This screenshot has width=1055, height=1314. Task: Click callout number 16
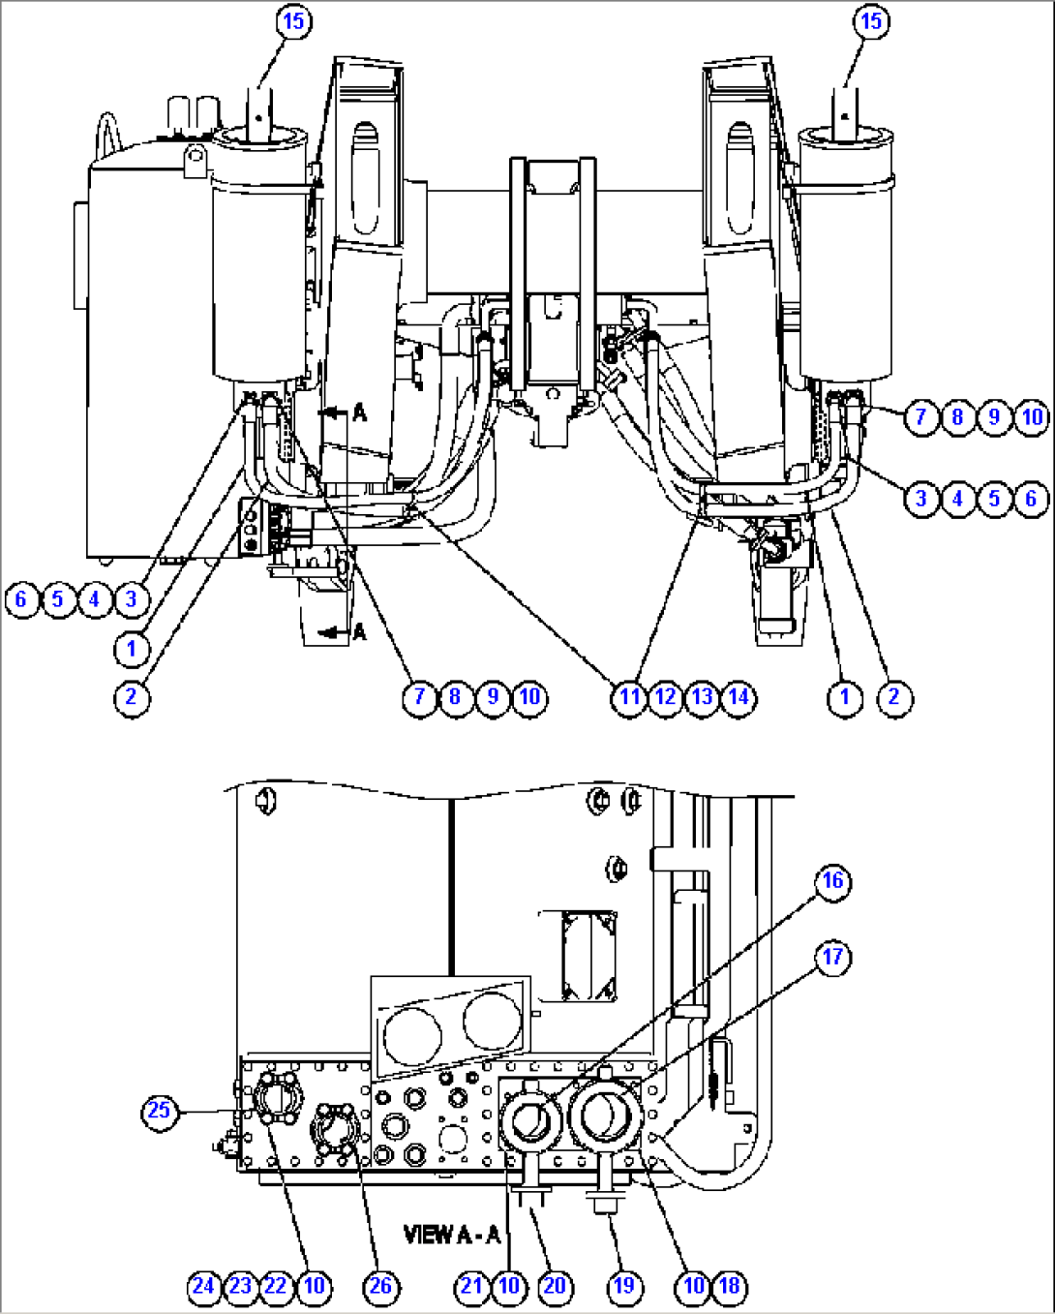tap(832, 881)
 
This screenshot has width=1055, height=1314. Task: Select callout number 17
tap(832, 958)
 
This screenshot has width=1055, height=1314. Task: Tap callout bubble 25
tap(159, 1110)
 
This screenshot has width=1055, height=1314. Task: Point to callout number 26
tap(381, 1286)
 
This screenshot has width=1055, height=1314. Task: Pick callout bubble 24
tap(203, 1286)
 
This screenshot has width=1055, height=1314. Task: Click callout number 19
tap(624, 1286)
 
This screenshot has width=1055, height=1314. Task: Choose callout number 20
tap(554, 1286)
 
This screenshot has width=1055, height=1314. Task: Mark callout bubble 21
tap(471, 1286)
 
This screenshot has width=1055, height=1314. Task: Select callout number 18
tap(730, 1286)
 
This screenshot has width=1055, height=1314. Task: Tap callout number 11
tap(629, 696)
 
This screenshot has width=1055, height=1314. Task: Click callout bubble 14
tap(739, 696)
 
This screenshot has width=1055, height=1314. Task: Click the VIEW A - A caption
tap(452, 1235)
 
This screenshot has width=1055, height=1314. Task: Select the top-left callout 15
tap(292, 21)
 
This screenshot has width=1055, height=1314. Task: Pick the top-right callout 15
tap(871, 21)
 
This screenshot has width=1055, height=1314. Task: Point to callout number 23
tap(240, 1286)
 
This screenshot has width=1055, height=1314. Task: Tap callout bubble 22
tap(276, 1286)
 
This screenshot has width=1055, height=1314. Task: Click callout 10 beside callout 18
tap(694, 1286)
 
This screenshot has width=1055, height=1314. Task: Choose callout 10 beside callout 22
tap(314, 1286)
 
